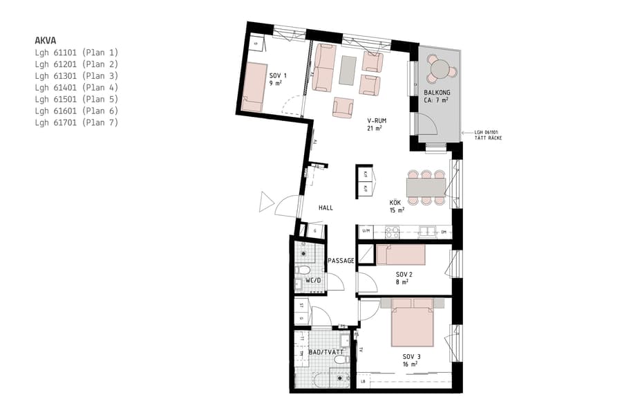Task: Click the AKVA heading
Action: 46,39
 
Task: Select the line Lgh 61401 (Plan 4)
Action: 77,87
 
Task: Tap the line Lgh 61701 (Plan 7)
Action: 77,122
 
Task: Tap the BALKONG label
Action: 437,92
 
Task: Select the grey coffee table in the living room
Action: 348,68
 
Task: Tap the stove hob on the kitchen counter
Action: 393,232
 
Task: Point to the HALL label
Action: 326,207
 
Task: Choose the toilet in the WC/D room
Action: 303,269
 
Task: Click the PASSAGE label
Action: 341,261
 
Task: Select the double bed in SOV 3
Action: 412,322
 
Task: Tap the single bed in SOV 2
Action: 401,255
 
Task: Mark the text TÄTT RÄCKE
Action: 487,139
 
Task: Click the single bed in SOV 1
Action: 254,86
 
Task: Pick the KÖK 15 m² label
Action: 396,205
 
